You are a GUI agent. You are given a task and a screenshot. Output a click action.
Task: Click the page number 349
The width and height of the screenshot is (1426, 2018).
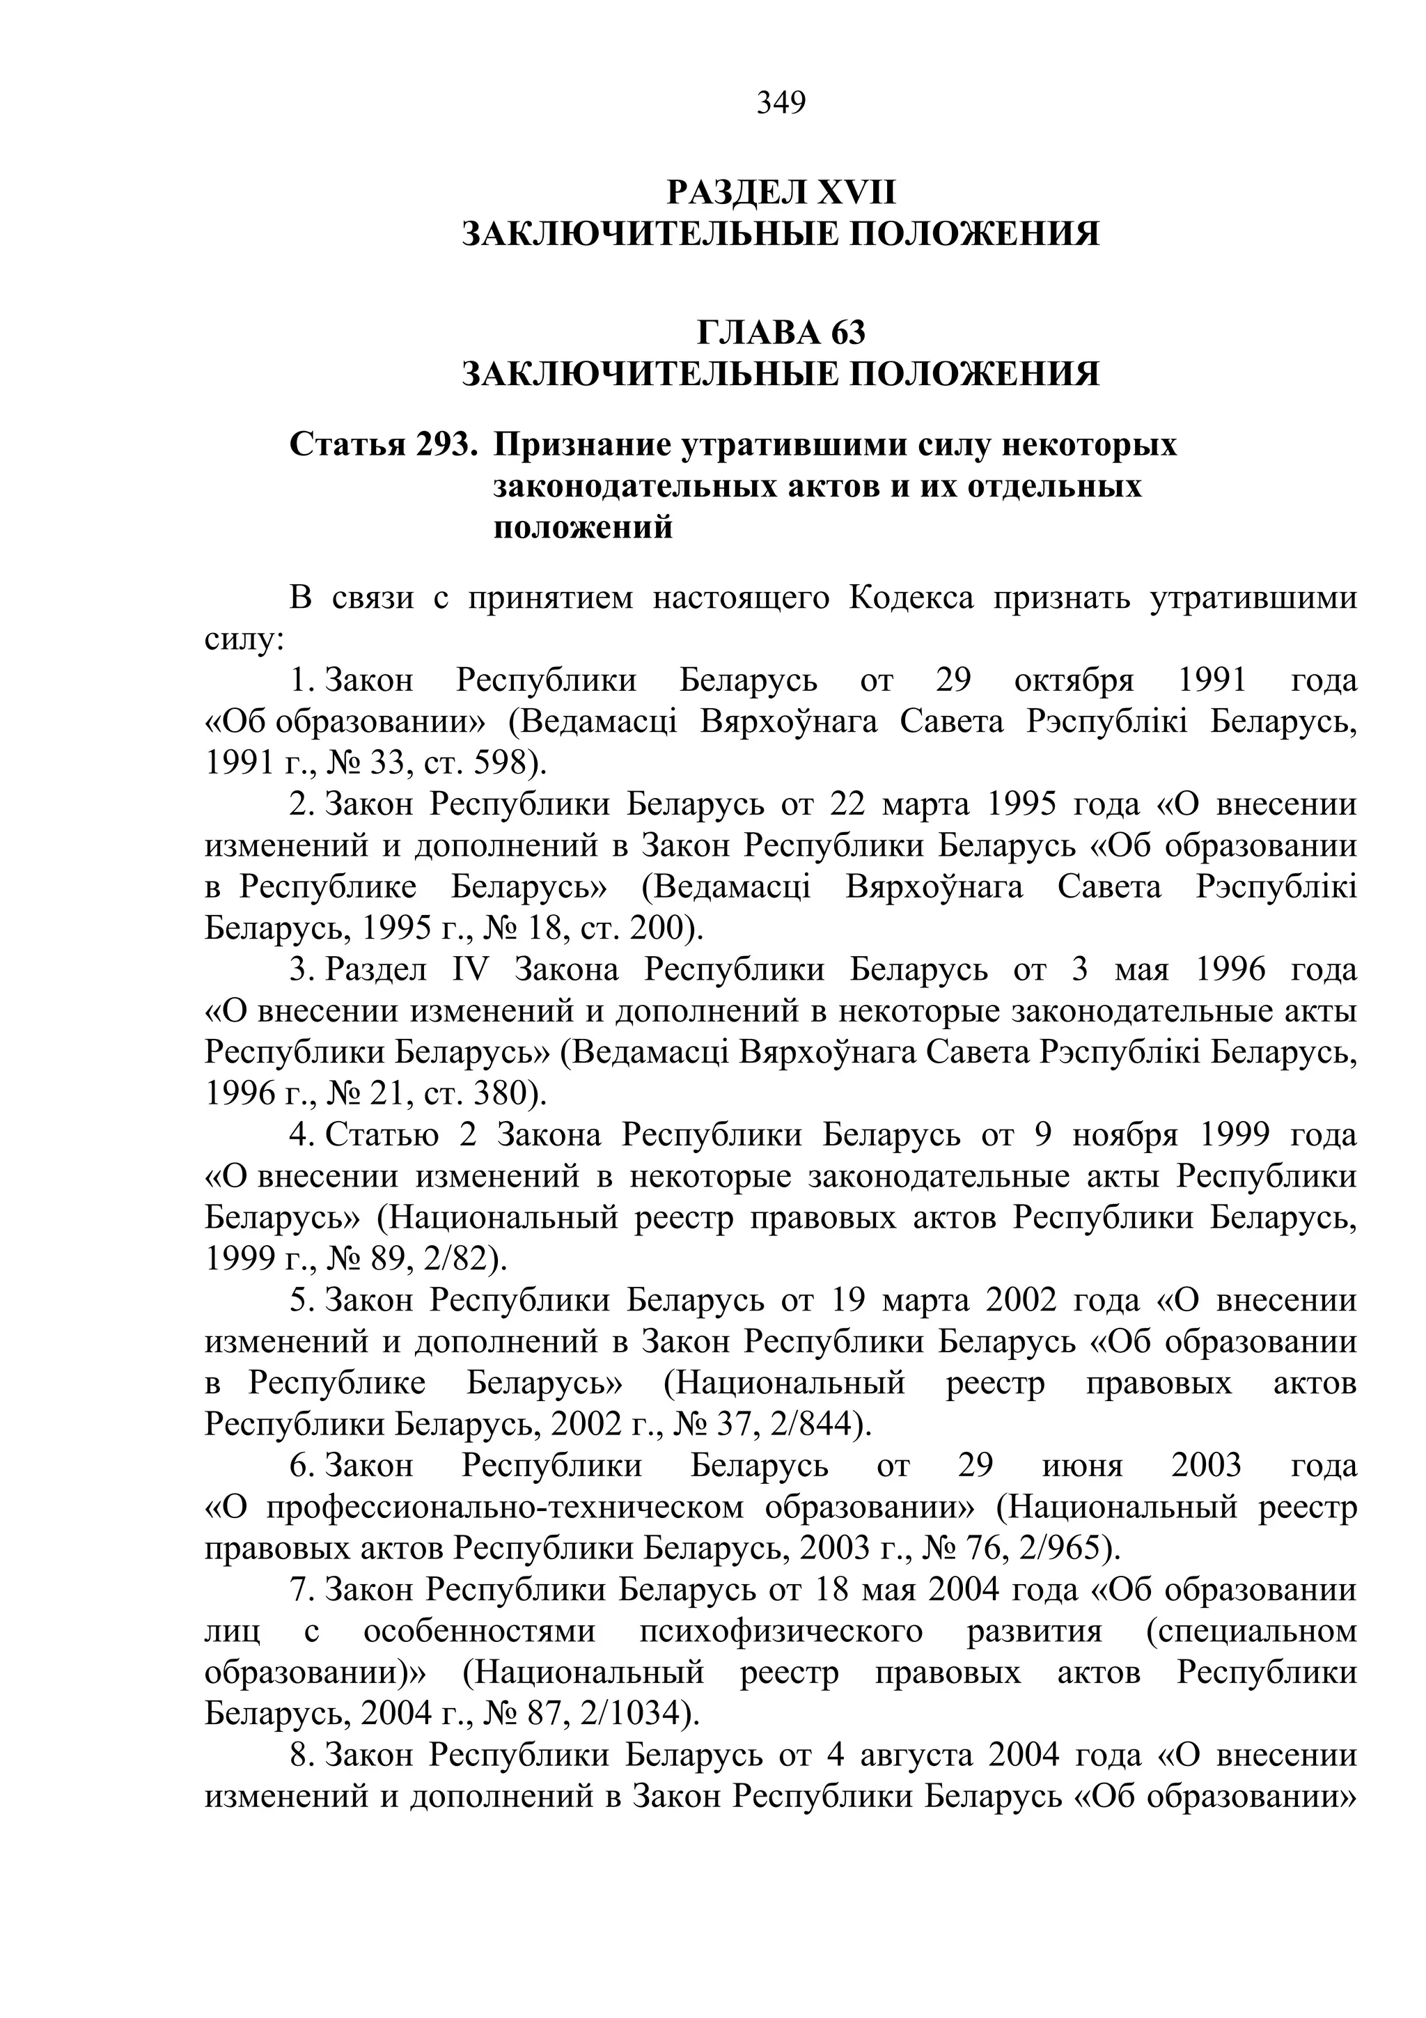point(781,103)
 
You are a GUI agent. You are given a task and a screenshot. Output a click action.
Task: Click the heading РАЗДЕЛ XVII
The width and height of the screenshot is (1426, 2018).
point(781,192)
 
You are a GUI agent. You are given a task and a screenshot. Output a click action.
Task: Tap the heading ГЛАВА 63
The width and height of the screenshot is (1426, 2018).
point(781,332)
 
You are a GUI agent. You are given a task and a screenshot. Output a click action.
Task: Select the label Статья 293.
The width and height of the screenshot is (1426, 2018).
point(383,445)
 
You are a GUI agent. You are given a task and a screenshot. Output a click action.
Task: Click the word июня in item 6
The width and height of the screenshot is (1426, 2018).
point(1083,1465)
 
